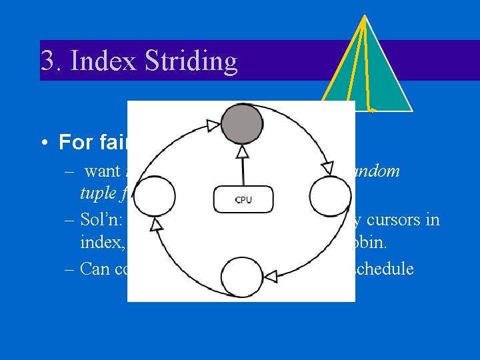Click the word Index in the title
(111, 61)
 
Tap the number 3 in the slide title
(48, 61)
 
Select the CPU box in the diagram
(242, 199)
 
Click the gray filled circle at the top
(241, 125)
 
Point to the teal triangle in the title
(365, 77)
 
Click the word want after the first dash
(102, 171)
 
